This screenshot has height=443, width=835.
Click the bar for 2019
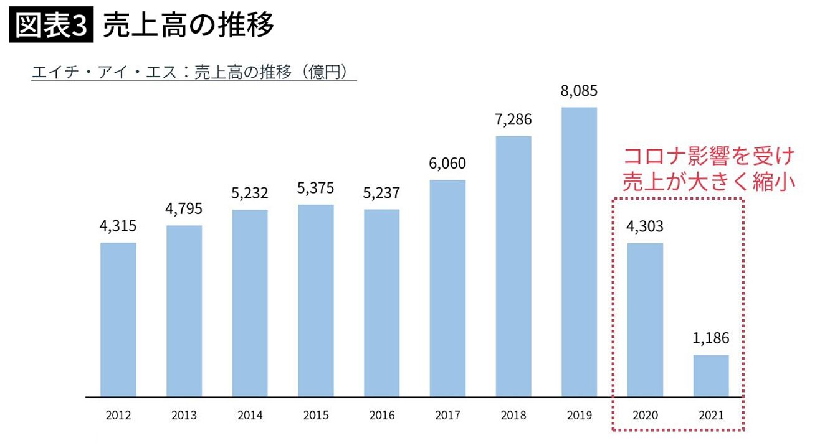tap(579, 252)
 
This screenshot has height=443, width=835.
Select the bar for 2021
tap(711, 376)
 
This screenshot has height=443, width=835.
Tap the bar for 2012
tap(118, 319)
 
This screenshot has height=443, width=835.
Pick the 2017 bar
tap(447, 288)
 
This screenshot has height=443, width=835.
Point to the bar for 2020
tap(645, 319)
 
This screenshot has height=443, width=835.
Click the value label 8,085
tap(579, 91)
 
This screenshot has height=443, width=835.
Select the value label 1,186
tap(711, 339)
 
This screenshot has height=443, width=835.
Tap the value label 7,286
tap(513, 120)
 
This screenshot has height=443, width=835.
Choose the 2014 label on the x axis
tap(250, 415)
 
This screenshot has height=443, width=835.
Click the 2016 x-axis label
tap(381, 415)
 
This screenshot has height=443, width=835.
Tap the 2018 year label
tap(513, 415)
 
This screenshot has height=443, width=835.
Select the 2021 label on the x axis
tap(711, 415)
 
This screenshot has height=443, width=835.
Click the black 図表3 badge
tap(52, 26)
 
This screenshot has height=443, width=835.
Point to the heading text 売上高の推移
tap(188, 26)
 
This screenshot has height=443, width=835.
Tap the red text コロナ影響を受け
tap(710, 156)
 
